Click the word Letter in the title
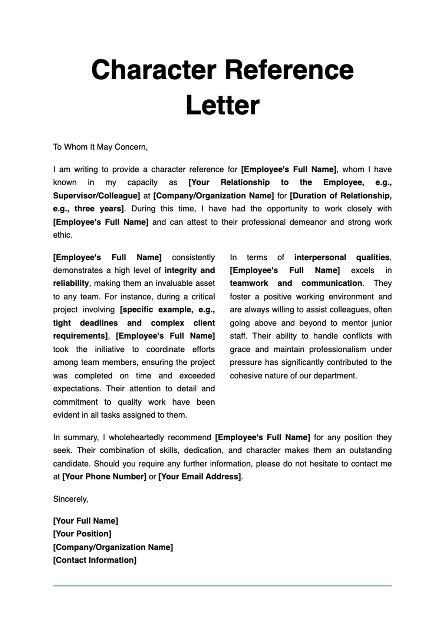[222, 106]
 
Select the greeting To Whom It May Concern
[100, 147]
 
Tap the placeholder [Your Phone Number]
[104, 477]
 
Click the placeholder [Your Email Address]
[200, 477]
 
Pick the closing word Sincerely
[70, 499]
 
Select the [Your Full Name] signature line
[85, 521]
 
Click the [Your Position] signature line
[82, 534]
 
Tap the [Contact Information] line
[95, 560]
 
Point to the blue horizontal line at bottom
[222, 586]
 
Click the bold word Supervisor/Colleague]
[96, 196]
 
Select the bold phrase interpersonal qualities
[342, 257]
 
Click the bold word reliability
[70, 284]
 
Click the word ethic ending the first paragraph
[62, 235]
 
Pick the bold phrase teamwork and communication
[296, 284]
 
